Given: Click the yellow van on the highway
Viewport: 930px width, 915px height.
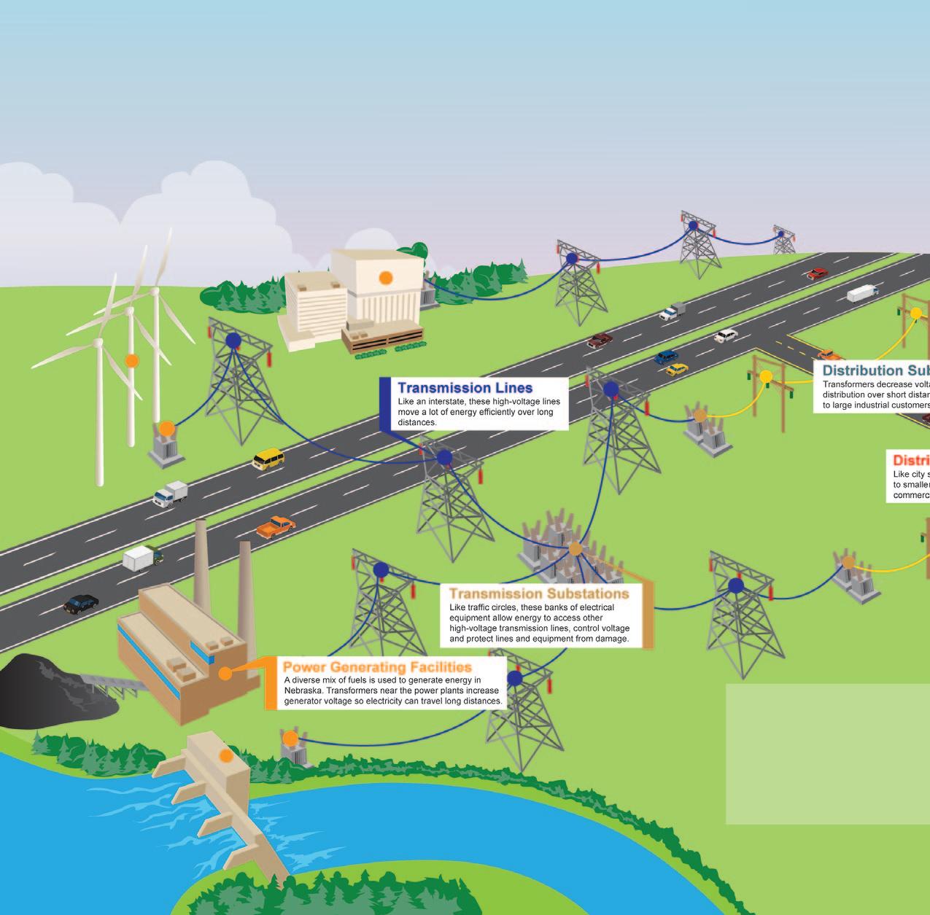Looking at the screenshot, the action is (x=268, y=459).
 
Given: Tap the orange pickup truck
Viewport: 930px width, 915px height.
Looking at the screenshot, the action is (x=275, y=526).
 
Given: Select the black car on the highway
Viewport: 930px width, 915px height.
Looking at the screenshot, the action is (x=81, y=603).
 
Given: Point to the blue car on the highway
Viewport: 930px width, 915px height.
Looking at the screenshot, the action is (x=666, y=357).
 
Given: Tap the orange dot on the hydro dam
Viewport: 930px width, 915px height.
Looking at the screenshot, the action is (x=226, y=756).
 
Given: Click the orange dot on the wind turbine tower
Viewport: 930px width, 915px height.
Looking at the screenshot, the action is (x=131, y=360).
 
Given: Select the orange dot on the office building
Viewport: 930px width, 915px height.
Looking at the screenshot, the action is (x=386, y=277).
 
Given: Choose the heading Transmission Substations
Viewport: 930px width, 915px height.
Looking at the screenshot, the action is (x=538, y=593).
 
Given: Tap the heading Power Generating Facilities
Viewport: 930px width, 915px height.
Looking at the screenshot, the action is (x=377, y=667).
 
